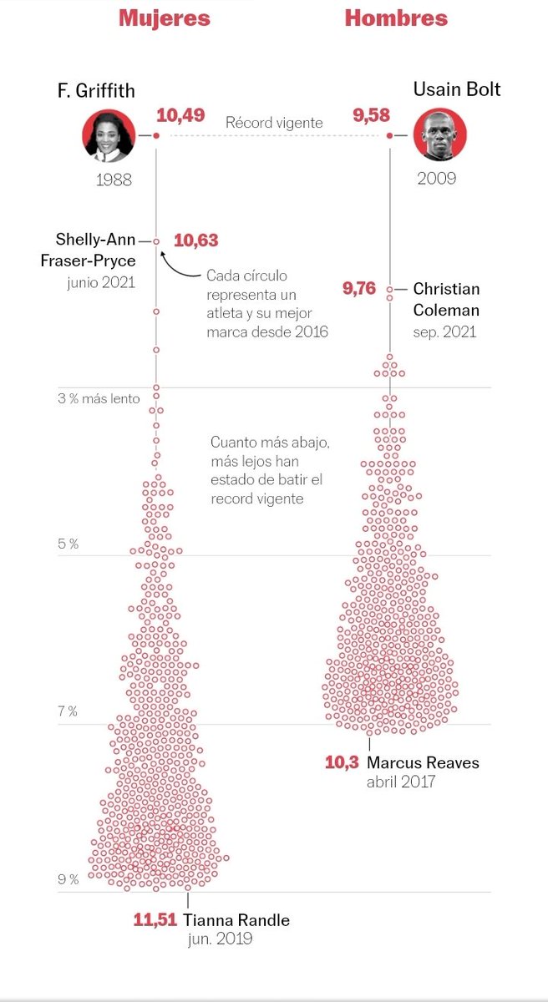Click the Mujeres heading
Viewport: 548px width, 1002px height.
[165, 18]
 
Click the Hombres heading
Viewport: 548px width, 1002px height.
[396, 18]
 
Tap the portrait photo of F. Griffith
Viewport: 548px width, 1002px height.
[109, 135]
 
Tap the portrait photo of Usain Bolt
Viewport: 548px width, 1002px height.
[439, 134]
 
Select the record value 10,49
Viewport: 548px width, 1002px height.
[180, 115]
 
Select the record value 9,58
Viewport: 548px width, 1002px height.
[371, 115]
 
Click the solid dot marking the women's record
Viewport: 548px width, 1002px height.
[156, 135]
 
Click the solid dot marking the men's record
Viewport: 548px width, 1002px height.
[389, 135]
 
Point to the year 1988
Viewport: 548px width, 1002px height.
[114, 180]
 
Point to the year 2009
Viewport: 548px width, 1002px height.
[437, 179]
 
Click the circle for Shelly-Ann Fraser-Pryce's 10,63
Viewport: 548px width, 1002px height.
[156, 241]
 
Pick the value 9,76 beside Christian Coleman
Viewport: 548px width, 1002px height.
[359, 289]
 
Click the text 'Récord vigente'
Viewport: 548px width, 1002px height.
[274, 123]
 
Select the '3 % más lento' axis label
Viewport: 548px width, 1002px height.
[99, 398]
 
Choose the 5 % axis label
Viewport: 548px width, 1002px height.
[68, 544]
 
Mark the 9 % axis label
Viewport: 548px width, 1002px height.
[68, 879]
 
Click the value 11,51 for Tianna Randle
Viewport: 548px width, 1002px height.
[155, 920]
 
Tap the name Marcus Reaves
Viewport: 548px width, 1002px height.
[423, 762]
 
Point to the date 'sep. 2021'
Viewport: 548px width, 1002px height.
[444, 332]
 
